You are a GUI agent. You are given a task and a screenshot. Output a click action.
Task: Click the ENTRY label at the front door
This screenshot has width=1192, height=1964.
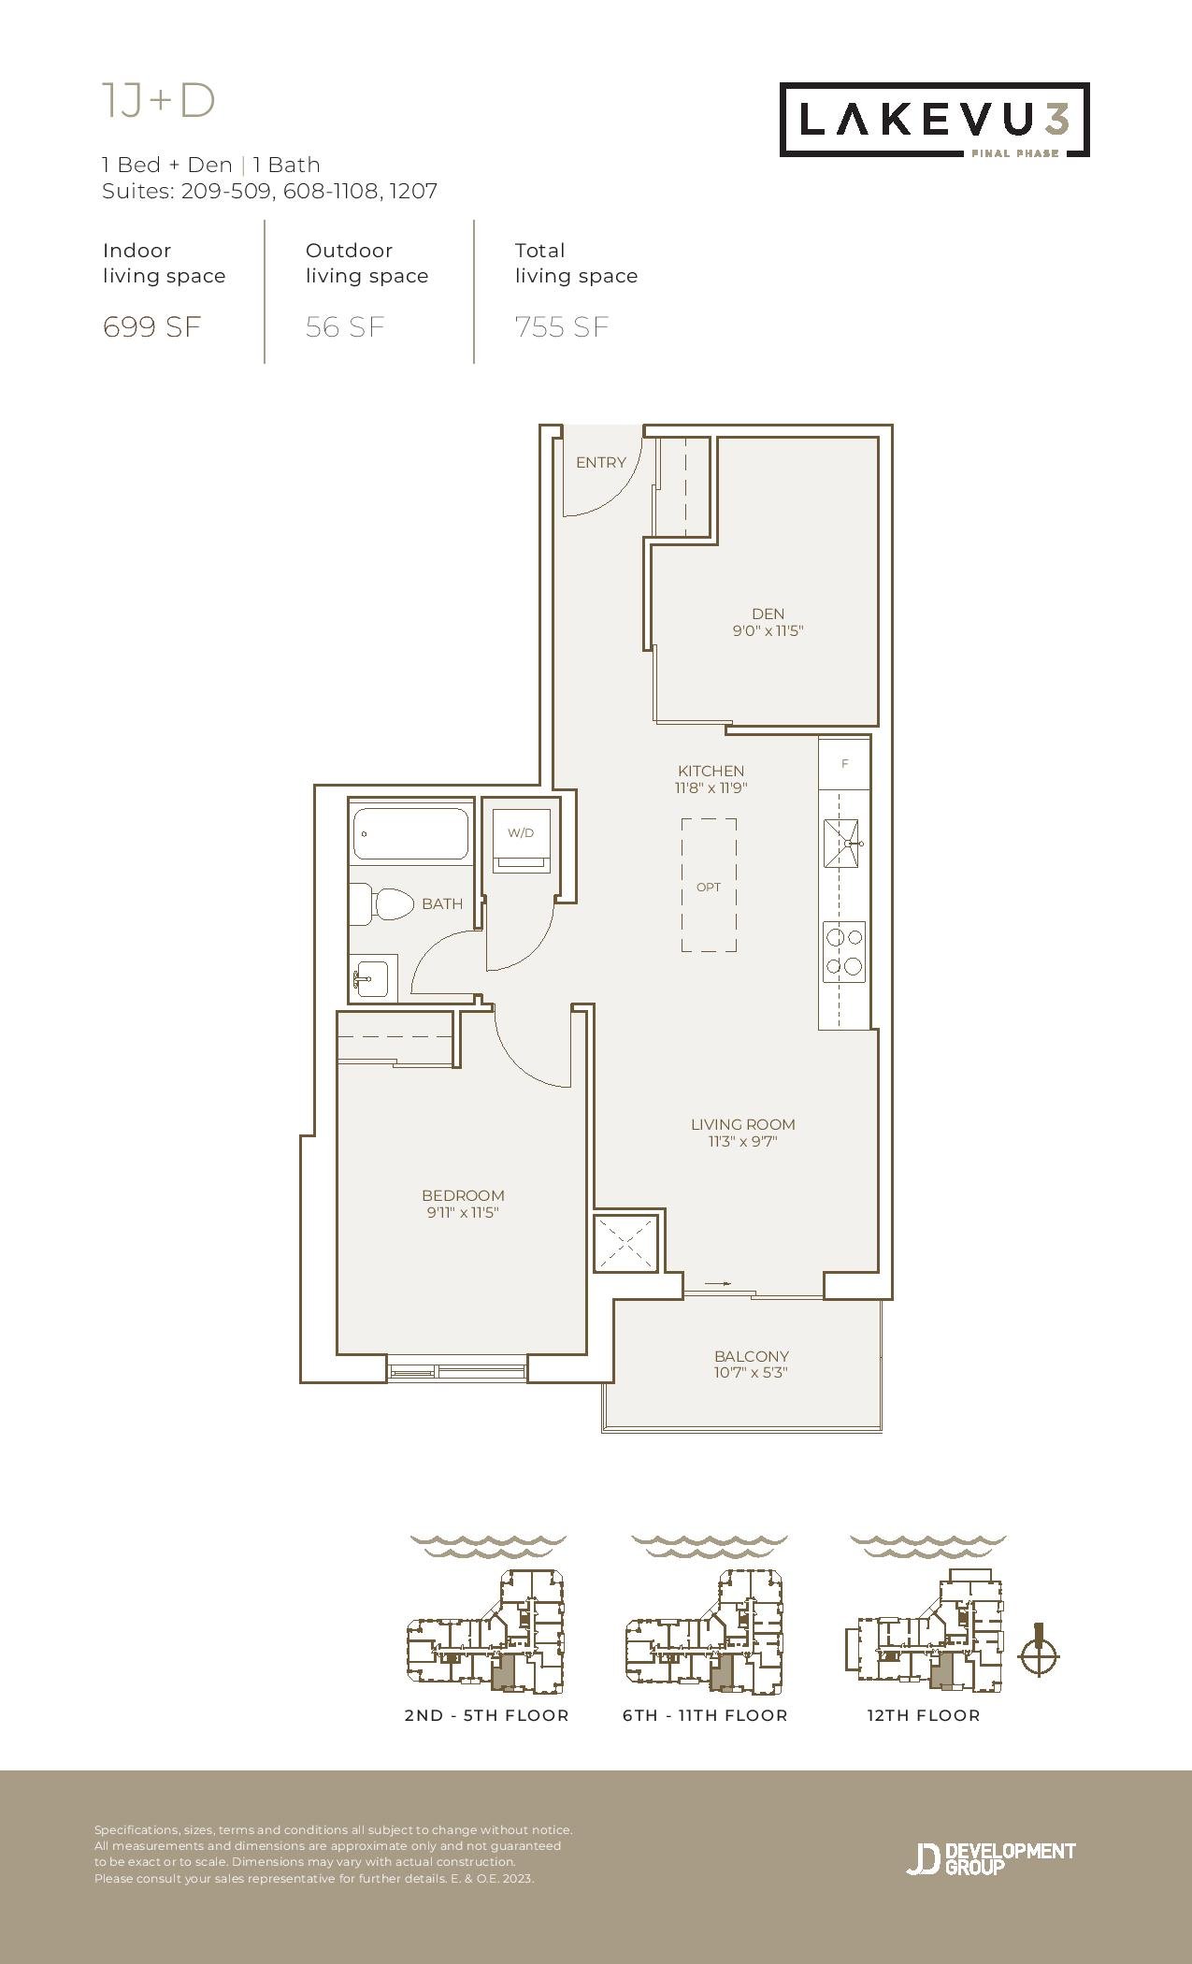pos(601,462)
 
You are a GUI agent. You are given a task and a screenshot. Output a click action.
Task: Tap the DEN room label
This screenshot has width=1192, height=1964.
pos(768,614)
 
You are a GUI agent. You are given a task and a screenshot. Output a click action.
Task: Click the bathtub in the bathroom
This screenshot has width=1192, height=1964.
pos(410,834)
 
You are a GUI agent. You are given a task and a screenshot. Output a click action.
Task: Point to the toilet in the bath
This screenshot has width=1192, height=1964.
pos(382,904)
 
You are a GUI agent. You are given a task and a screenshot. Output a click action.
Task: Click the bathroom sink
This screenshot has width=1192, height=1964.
pos(374,978)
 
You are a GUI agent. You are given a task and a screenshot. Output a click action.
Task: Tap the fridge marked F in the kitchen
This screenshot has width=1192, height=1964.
pos(844,763)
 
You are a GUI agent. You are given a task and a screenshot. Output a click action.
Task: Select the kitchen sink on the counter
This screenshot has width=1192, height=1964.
pos(841,844)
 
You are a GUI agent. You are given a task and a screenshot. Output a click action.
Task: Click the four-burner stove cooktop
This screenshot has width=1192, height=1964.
pos(844,952)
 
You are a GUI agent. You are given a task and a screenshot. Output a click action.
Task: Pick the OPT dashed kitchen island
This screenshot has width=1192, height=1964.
pos(709,886)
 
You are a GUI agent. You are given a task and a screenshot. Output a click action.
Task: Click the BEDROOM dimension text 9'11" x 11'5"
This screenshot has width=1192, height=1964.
pos(463,1213)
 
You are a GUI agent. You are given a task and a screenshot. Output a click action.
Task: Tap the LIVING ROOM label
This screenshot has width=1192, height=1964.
pos(743,1124)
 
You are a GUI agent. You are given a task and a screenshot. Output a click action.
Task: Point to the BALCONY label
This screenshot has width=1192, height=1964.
pos(752,1356)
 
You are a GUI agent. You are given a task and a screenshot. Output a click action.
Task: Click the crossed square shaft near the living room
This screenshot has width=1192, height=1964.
pos(626,1244)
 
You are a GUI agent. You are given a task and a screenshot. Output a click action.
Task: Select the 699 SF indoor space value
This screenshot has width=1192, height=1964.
pos(151,326)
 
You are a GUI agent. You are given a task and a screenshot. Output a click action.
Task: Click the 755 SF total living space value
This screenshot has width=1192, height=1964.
pos(562,326)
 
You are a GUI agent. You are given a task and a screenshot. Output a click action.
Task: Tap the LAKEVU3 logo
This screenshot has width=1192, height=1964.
pos(935,120)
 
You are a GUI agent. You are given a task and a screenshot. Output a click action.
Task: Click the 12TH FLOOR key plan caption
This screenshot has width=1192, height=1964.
pos(923,1715)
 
